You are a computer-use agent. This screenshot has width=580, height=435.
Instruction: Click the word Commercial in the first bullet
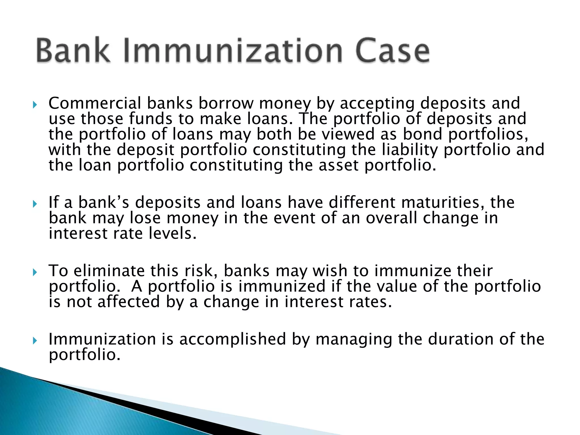point(95,103)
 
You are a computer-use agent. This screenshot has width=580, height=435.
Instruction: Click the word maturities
point(443,202)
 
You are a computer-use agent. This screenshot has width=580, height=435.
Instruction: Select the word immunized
point(282,286)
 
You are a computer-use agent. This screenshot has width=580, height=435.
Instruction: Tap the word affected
point(129,302)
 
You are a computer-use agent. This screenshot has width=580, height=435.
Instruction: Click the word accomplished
point(233,339)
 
